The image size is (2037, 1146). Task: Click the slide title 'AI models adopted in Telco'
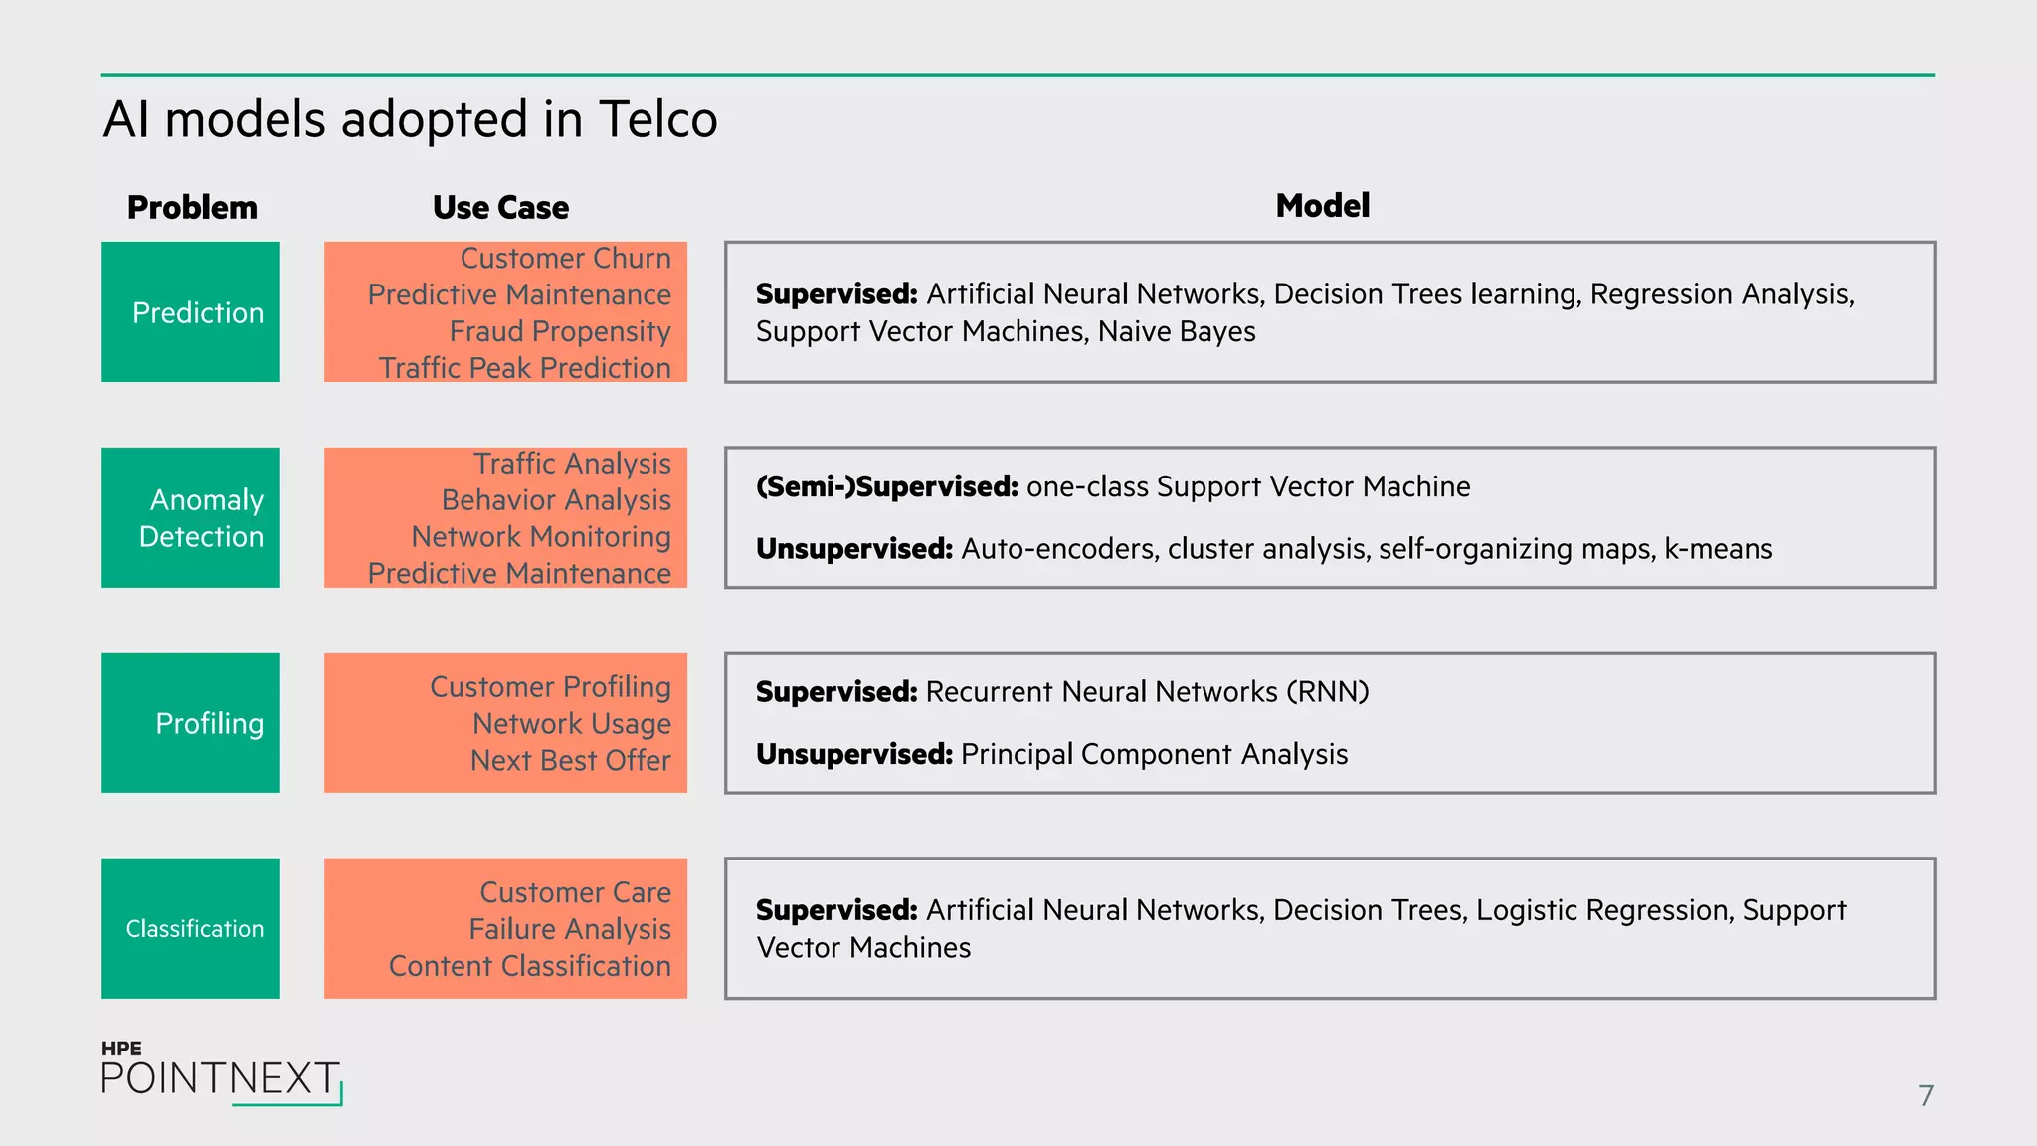[x=410, y=120]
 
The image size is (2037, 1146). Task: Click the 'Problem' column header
[x=192, y=207]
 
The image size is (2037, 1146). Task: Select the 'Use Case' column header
[x=500, y=207]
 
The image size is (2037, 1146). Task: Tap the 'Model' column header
[x=1322, y=205]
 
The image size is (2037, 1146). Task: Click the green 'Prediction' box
[x=191, y=312]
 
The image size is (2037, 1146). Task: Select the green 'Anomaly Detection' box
[x=191, y=517]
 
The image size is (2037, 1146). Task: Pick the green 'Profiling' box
[x=191, y=723]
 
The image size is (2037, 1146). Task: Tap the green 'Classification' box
[x=191, y=928]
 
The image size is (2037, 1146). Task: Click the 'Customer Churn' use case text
[x=565, y=259]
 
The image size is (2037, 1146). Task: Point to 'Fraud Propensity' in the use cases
[x=560, y=331]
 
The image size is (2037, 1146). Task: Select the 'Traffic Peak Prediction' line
[x=524, y=368]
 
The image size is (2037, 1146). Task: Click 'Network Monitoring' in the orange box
[x=541, y=537]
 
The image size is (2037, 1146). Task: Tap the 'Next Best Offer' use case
[x=570, y=761]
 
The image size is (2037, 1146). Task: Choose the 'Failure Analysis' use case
[x=570, y=929]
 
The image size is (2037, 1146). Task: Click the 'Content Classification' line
[x=529, y=966]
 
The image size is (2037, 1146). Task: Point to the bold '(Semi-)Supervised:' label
[x=886, y=486]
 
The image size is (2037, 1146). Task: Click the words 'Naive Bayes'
[x=1177, y=331]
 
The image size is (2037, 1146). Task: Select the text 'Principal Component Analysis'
[x=1154, y=754]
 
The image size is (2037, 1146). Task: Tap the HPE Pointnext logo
[x=221, y=1074]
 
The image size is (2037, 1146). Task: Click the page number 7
[x=1926, y=1095]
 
